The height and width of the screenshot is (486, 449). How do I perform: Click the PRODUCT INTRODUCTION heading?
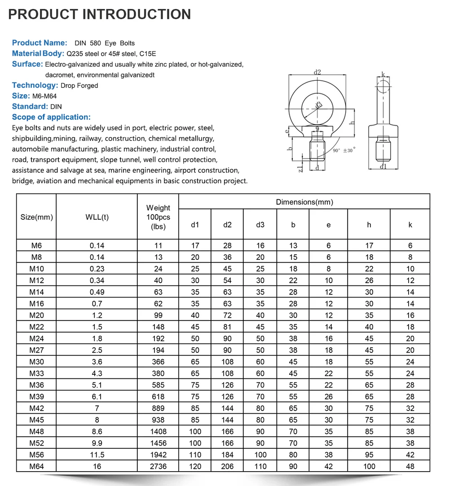(99, 14)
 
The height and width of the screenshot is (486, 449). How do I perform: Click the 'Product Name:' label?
(40, 43)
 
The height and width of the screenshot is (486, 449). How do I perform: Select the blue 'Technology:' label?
(35, 85)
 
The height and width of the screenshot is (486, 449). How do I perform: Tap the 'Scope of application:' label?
(51, 117)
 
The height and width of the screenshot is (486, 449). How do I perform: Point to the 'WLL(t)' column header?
(97, 217)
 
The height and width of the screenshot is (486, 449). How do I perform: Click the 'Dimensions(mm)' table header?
(304, 202)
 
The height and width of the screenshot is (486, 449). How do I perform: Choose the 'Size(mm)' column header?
(37, 217)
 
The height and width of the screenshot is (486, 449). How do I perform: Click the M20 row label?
(37, 315)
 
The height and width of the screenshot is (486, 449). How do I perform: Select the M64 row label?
(37, 466)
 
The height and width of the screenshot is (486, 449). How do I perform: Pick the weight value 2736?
(158, 466)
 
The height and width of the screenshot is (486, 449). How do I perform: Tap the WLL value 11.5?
(97, 455)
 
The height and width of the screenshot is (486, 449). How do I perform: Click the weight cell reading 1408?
(158, 431)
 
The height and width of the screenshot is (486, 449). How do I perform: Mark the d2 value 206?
(228, 466)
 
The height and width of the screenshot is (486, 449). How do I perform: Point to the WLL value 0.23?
(97, 269)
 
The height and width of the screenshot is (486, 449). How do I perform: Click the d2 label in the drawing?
(317, 72)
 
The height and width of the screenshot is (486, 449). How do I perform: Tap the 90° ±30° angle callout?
(343, 151)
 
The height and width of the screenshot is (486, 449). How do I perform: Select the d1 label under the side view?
(383, 167)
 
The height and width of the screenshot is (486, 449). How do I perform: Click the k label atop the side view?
(383, 74)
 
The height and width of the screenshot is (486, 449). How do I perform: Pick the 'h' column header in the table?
(369, 225)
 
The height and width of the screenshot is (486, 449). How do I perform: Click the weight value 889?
(158, 408)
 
